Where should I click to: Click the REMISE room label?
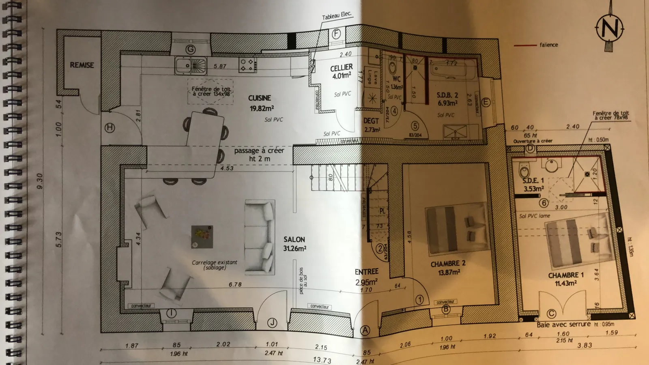[82, 65]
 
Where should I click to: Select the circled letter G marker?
[190, 50]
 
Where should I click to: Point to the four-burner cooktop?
[248, 65]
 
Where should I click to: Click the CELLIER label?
[342, 67]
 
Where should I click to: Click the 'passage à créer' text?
[259, 150]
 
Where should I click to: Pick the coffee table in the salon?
[202, 237]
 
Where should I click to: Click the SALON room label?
[294, 240]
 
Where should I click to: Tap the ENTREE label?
[366, 272]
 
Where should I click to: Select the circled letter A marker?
[365, 331]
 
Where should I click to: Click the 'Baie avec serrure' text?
[564, 324]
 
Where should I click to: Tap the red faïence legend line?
[525, 45]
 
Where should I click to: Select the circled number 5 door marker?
[415, 127]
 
